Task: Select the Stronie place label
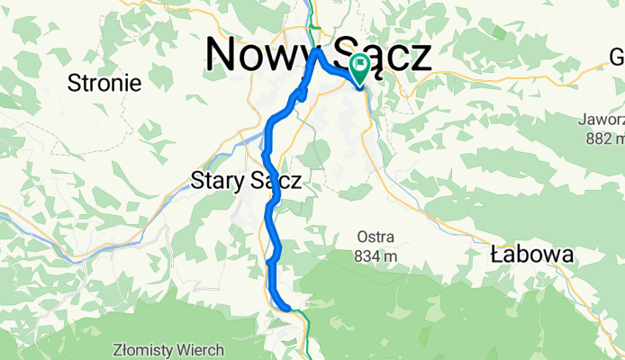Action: pos(104,84)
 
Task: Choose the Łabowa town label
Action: pos(532,255)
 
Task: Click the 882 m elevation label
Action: pos(603,139)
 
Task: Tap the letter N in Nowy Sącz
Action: pos(223,54)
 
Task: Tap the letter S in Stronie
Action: pos(75,84)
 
